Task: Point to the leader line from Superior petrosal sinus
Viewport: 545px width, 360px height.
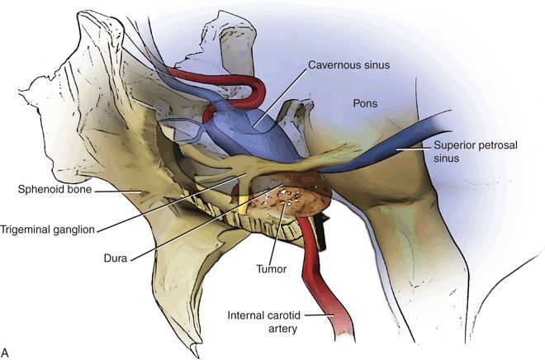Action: [413, 148]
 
